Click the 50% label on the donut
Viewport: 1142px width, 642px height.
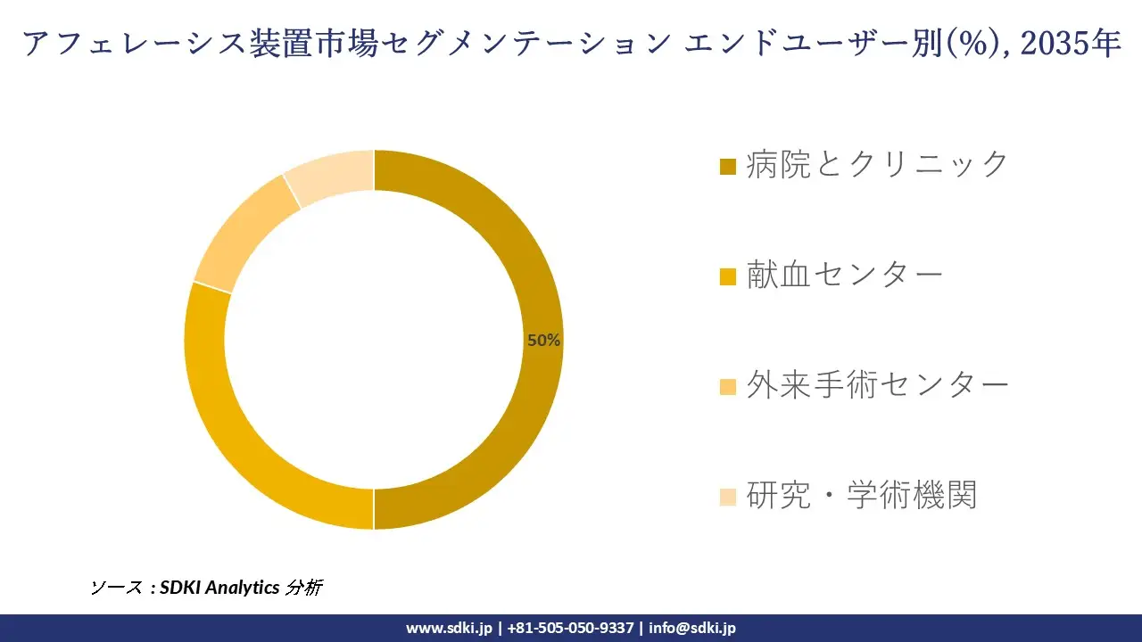coord(543,340)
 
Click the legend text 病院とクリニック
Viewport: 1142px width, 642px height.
coord(877,164)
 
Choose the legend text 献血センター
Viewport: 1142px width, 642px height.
coord(844,275)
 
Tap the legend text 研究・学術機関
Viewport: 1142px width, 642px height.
coord(861,495)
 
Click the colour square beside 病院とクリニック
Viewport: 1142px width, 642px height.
coord(728,166)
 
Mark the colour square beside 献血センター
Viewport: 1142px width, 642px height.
coord(728,276)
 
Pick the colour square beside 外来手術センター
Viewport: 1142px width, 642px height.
coord(728,386)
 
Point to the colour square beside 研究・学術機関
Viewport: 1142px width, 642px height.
coord(728,497)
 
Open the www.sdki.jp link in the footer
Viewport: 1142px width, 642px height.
coord(449,628)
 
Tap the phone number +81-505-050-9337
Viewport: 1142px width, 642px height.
coord(571,628)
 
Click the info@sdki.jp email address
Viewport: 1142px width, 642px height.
coord(692,628)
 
